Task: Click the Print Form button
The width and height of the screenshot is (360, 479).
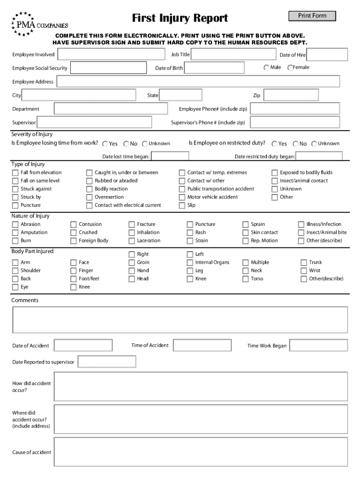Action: coord(312,16)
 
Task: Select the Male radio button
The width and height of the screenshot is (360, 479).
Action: coord(267,67)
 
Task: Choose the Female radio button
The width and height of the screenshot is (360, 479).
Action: coord(290,67)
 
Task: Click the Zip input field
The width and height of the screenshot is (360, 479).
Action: coord(291,95)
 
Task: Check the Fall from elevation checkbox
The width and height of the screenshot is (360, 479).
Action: coord(15,173)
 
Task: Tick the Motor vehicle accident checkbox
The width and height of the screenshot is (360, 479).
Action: coord(182,197)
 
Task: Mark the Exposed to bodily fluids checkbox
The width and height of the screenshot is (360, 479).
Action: coord(275,173)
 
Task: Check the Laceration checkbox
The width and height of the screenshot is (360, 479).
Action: coord(132,241)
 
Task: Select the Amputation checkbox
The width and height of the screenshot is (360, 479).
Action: coord(15,232)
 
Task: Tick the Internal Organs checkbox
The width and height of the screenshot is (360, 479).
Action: coord(190,262)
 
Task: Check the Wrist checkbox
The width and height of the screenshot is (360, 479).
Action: coord(303,271)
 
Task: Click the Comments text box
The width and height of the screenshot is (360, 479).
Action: coord(180,319)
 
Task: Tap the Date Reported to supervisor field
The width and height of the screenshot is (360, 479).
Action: coord(107,362)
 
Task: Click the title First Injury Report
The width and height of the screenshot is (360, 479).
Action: coord(180,18)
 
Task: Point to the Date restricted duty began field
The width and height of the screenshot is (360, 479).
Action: coord(319,156)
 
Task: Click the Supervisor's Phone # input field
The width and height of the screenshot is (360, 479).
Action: coord(295,123)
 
